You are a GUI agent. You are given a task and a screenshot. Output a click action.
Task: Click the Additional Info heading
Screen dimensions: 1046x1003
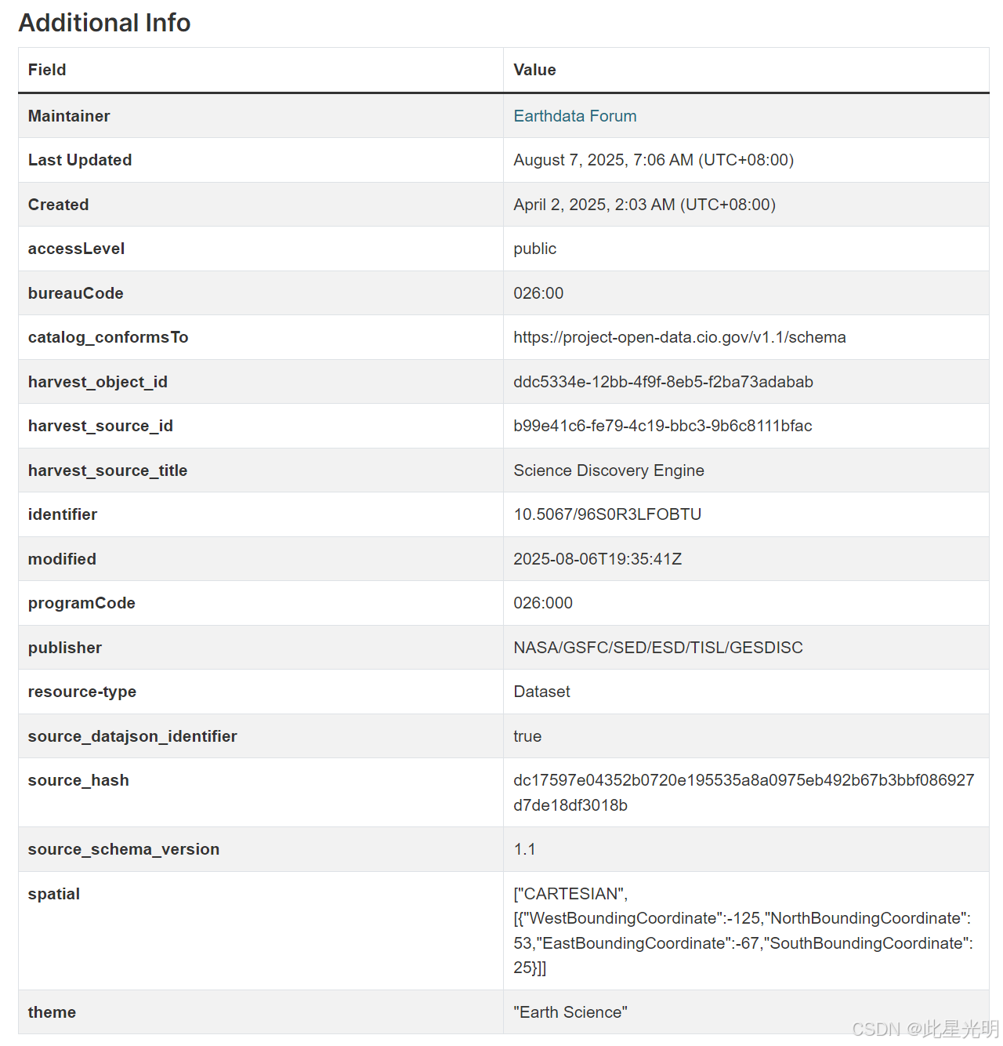tap(104, 23)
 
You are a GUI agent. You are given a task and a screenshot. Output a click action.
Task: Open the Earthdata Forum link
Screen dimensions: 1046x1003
tap(574, 116)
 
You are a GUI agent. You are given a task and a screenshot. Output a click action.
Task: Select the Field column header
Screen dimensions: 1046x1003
tap(47, 70)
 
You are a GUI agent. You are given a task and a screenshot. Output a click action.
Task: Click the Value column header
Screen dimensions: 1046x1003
tap(534, 70)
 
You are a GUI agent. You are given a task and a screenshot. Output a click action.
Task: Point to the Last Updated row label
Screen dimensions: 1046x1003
tap(80, 160)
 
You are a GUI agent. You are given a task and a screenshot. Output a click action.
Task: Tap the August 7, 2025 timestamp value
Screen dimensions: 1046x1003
tap(653, 160)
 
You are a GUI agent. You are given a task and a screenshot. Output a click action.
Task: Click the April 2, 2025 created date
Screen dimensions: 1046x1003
tap(644, 205)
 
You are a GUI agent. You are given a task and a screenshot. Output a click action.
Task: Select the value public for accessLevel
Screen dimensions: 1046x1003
tap(534, 249)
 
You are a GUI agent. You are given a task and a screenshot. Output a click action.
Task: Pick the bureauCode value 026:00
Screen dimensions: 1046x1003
tap(538, 293)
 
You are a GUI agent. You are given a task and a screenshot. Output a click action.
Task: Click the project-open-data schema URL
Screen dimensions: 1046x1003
tap(679, 337)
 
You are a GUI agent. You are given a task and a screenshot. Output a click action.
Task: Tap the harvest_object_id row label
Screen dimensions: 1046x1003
tap(98, 382)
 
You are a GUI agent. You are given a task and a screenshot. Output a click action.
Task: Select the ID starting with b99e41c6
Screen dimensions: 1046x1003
tap(662, 426)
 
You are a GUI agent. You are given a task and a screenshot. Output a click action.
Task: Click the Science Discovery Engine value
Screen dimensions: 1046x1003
tap(608, 470)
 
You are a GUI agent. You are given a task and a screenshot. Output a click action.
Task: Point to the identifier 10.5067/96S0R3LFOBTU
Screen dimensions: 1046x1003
tap(607, 514)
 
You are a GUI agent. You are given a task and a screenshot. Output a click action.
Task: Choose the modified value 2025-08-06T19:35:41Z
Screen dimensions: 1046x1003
tap(597, 559)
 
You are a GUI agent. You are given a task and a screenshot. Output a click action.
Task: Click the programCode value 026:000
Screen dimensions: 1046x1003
tap(543, 603)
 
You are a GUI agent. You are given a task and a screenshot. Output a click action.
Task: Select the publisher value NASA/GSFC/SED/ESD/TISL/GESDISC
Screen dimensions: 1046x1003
tap(657, 648)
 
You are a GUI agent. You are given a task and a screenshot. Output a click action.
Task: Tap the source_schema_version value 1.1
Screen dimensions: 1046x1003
tap(524, 849)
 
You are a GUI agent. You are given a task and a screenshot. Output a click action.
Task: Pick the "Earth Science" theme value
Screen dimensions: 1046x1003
tap(570, 1012)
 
